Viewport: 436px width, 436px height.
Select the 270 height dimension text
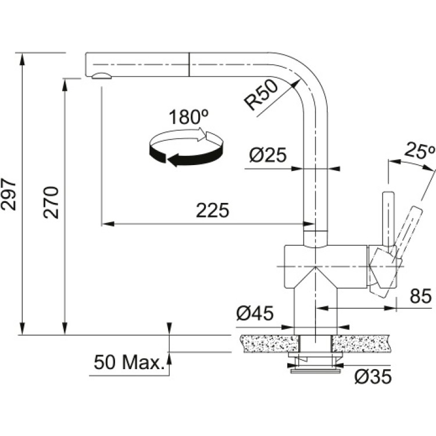52,202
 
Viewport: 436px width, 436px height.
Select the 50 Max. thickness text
128,364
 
